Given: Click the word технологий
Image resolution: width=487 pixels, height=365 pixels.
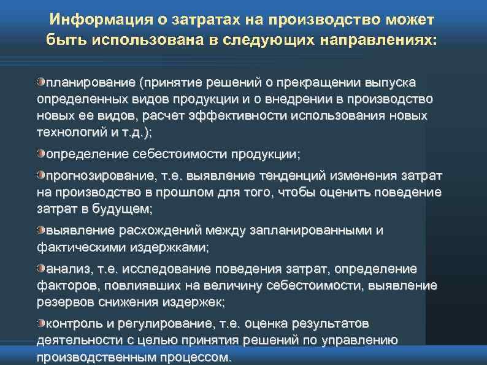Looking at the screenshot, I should pos(71,133).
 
